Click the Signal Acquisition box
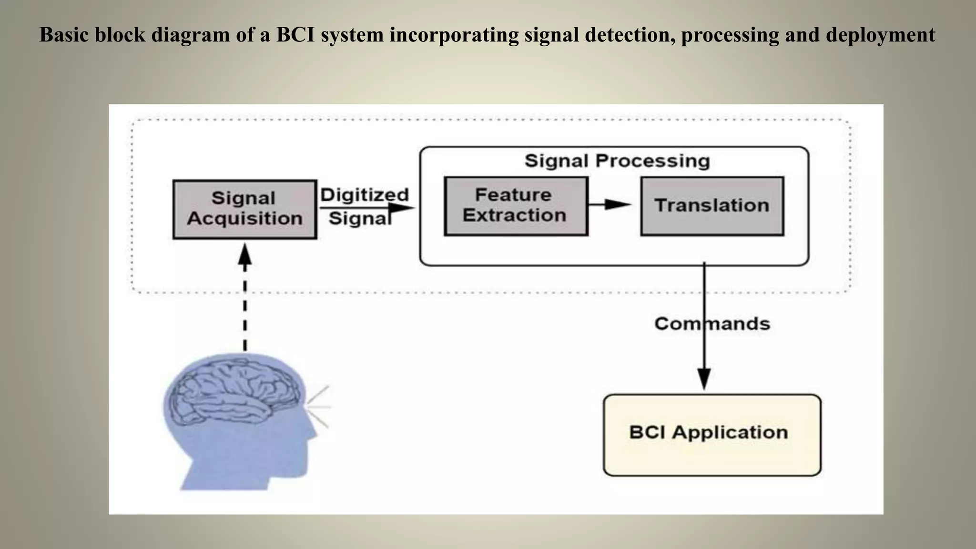244,209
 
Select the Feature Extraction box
516,206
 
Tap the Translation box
712,206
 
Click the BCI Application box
712,435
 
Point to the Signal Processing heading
617,161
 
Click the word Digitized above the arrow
365,195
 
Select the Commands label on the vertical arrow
712,324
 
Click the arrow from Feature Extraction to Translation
610,204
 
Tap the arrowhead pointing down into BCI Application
704,379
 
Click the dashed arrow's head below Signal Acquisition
244,255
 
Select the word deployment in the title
880,35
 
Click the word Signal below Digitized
360,219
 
